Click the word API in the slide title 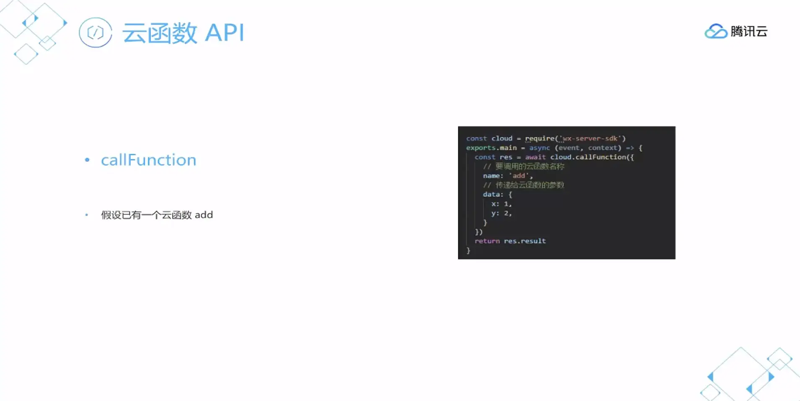[225, 33]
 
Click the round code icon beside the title [95, 33]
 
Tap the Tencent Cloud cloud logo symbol [715, 31]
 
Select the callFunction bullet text [149, 160]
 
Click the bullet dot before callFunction [87, 160]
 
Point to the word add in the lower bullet [204, 215]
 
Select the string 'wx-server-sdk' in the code [590, 139]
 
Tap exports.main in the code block [491, 148]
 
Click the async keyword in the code [539, 148]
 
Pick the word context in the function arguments [603, 148]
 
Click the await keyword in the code [535, 157]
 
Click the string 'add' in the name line [519, 176]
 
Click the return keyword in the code [487, 241]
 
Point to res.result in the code [525, 241]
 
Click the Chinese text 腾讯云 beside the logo [749, 31]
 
